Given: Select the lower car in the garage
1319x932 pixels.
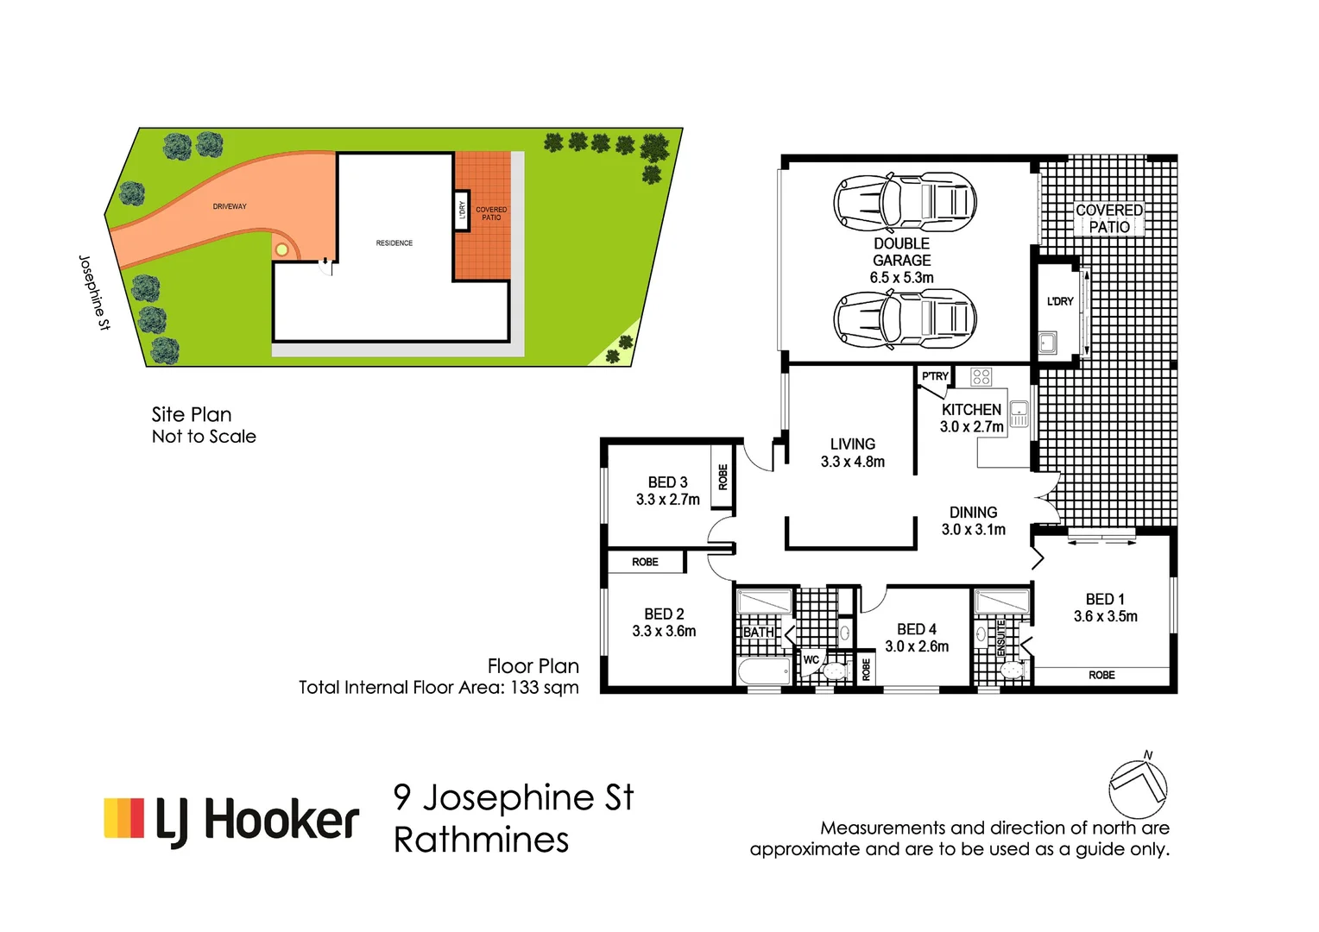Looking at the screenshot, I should pyautogui.click(x=904, y=318).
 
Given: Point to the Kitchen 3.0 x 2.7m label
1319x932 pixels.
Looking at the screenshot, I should pyautogui.click(x=971, y=418).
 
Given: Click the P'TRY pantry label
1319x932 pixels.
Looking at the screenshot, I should pyautogui.click(x=934, y=376).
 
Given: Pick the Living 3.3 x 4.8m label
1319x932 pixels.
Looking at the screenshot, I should pyautogui.click(x=852, y=452).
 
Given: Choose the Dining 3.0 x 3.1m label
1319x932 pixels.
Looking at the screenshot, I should pyautogui.click(x=973, y=520).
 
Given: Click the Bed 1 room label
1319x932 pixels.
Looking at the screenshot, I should pyautogui.click(x=1105, y=608).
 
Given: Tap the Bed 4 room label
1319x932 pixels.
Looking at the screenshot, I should pyautogui.click(x=916, y=638).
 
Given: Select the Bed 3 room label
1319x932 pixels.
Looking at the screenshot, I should pyautogui.click(x=667, y=490).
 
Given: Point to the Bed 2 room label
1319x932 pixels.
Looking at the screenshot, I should pyautogui.click(x=664, y=622).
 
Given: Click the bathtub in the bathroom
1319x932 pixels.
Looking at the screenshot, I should pyautogui.click(x=764, y=671).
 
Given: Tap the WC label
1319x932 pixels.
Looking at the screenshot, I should pyautogui.click(x=811, y=660).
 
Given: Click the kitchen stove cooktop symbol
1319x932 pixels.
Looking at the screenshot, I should pyautogui.click(x=981, y=376).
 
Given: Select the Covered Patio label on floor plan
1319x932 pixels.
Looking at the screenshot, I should pyautogui.click(x=1108, y=218).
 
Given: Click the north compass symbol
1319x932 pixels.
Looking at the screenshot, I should pyautogui.click(x=1138, y=786).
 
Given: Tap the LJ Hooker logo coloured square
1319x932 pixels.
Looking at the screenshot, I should pyautogui.click(x=123, y=818).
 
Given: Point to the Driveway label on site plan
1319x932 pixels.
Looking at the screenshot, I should pyautogui.click(x=230, y=206).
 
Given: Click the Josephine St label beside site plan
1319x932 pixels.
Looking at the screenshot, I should pyautogui.click(x=94, y=293).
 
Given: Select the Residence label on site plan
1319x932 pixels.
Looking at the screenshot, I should pyautogui.click(x=394, y=243).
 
